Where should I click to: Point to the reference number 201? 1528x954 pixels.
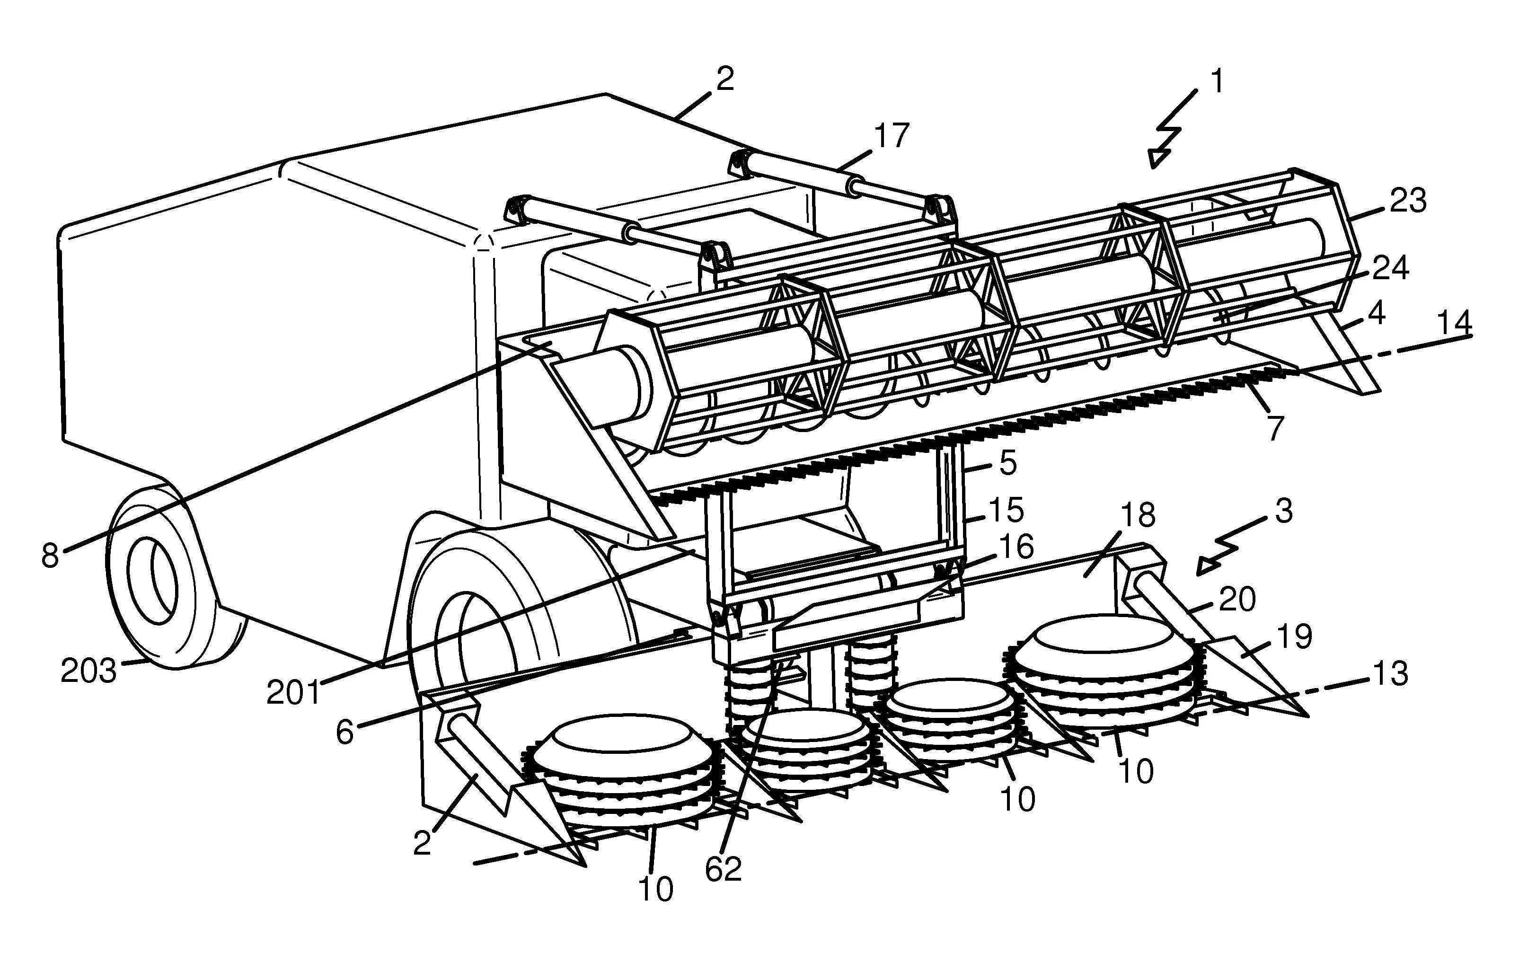tap(293, 693)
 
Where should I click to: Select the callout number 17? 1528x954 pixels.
tap(892, 136)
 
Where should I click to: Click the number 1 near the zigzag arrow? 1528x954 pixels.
tap(1217, 82)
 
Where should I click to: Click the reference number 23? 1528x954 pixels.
tap(1407, 201)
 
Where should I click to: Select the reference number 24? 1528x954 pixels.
tap(1390, 268)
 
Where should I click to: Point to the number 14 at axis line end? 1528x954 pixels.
tap(1455, 324)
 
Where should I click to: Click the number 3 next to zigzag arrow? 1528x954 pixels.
tap(1284, 511)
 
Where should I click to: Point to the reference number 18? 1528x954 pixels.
tap(1138, 515)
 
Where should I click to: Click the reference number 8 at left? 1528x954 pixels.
tap(50, 556)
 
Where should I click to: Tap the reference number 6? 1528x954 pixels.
tap(344, 733)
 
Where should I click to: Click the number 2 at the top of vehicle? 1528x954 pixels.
tap(725, 80)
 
